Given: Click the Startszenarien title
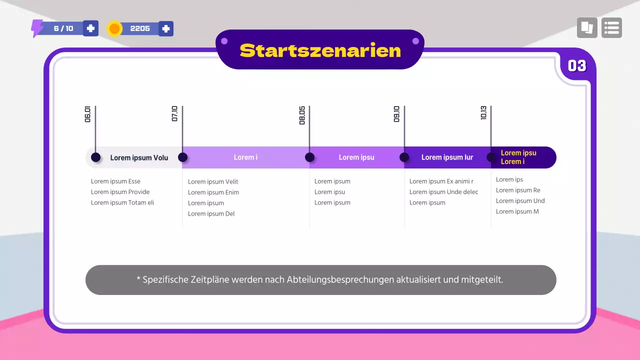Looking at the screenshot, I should (x=320, y=50).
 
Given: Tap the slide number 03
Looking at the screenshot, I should (x=577, y=66).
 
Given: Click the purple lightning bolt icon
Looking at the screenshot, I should (x=37, y=28).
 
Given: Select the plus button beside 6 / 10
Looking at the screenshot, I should (x=90, y=28).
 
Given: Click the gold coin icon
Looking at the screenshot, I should (x=114, y=29).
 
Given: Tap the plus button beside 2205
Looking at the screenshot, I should (x=166, y=28).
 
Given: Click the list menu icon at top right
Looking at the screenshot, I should (x=611, y=28).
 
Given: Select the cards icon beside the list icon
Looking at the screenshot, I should (x=587, y=28).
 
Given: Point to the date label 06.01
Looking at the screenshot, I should (x=87, y=114).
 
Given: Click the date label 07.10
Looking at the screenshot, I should (x=174, y=114).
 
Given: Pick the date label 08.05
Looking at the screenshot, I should (x=302, y=115).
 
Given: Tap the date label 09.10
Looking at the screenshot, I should (x=396, y=114).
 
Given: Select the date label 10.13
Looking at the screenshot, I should (x=483, y=113).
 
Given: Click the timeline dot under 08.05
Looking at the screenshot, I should (x=309, y=157).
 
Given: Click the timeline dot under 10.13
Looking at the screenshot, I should (x=491, y=157).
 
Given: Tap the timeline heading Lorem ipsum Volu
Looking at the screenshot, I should (x=139, y=158).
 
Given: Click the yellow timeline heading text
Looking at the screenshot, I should (x=518, y=157).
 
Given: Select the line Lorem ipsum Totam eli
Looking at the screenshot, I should (x=122, y=203).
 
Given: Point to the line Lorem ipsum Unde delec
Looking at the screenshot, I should (x=443, y=192).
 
